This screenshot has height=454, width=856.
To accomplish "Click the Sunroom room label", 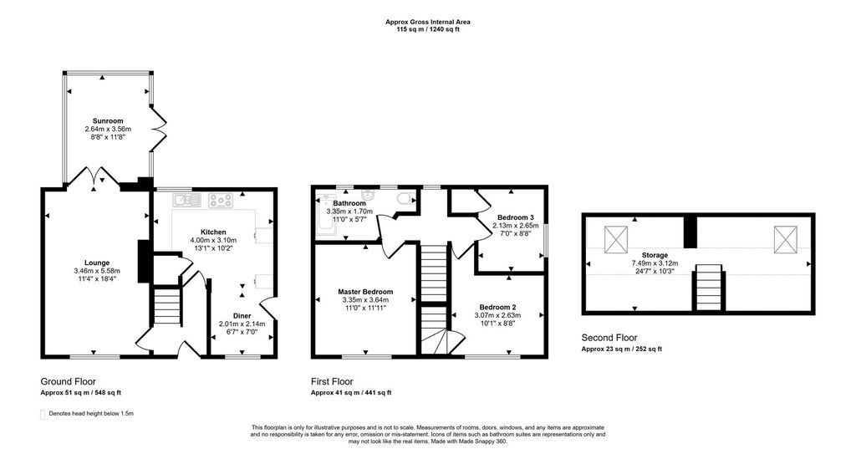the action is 108,120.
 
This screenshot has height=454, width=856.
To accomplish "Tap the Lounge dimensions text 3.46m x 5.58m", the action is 97,270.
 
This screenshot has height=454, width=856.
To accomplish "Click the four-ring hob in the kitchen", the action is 221,201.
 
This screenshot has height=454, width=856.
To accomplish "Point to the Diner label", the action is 242,316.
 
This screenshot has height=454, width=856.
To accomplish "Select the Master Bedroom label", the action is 365,292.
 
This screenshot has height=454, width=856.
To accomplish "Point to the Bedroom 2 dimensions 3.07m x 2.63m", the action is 498,315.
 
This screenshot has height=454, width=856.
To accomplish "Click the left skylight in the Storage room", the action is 616,239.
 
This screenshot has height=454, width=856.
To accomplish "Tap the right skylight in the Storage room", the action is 786,239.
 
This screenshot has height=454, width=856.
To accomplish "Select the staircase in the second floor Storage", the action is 708,286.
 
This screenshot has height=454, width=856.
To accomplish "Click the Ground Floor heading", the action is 69,381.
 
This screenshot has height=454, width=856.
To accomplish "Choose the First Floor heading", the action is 332,381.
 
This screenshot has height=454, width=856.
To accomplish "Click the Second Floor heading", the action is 609,338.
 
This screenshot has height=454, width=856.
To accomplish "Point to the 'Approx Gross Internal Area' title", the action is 428,22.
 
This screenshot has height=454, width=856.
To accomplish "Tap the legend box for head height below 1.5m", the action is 43,414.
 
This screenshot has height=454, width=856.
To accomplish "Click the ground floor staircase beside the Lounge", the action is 166,307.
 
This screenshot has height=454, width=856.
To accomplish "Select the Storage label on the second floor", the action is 655,255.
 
